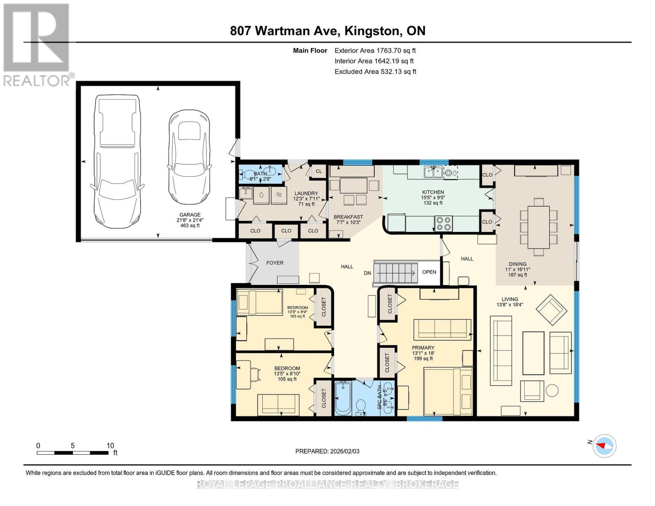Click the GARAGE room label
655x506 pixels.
[x=190, y=215]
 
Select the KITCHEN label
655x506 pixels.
[x=433, y=192]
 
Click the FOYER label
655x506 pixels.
[x=275, y=263]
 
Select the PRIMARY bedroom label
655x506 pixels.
[x=423, y=348]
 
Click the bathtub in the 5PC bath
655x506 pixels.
[x=343, y=398]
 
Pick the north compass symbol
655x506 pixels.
[x=604, y=445]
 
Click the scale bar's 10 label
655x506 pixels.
[x=110, y=446]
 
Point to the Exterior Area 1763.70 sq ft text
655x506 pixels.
[x=375, y=50]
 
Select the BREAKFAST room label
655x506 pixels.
[x=348, y=217]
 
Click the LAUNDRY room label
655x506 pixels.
[x=306, y=193]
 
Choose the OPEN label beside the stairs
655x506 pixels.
[x=429, y=272]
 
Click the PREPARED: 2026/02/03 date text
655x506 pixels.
[x=327, y=451]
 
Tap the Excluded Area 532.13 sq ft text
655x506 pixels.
[x=375, y=72]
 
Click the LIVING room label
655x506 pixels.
[x=509, y=299]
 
